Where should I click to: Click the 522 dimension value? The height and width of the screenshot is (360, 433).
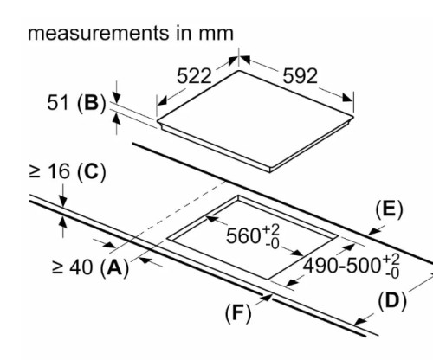pyautogui.click(x=194, y=76)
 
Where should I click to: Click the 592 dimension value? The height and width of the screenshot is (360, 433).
pyautogui.click(x=300, y=76)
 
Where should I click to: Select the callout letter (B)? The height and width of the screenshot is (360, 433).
pyautogui.click(x=92, y=103)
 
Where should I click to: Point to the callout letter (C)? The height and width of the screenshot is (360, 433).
pyautogui.click(x=92, y=172)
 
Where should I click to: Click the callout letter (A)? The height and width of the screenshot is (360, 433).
pyautogui.click(x=114, y=267)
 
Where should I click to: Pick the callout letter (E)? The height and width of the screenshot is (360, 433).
pyautogui.click(x=389, y=209)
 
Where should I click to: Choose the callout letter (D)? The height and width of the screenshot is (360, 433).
pyautogui.click(x=392, y=301)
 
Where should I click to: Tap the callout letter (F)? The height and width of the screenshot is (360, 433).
pyautogui.click(x=238, y=313)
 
